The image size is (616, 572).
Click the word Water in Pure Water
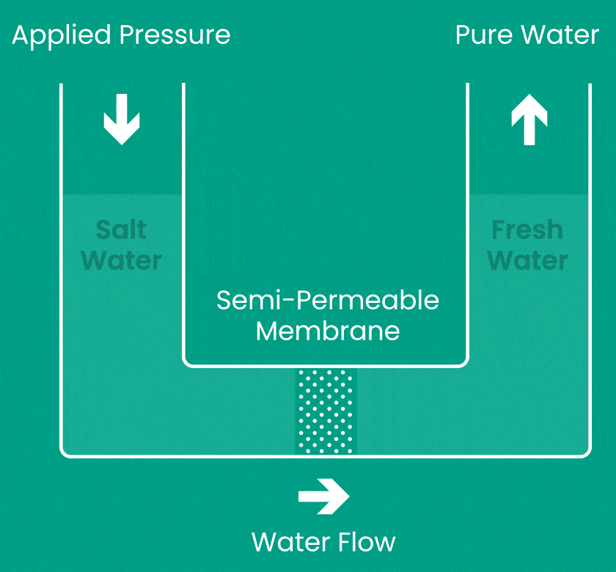click(564, 35)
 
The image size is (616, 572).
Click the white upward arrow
click(529, 121)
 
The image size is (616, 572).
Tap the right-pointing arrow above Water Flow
click(324, 496)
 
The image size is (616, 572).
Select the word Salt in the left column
click(122, 230)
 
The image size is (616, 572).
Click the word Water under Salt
click(122, 260)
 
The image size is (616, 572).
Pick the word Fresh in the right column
click(527, 230)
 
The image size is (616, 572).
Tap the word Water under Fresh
click(527, 260)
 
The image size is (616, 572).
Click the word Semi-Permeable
click(328, 300)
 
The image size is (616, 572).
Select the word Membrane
click(328, 331)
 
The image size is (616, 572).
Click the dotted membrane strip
click(325, 411)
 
